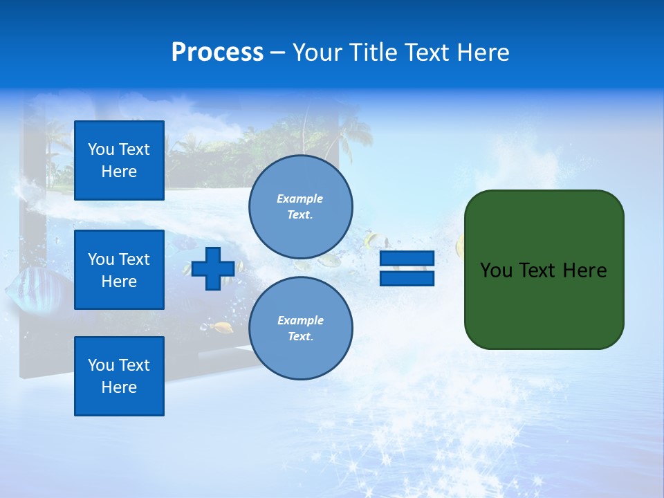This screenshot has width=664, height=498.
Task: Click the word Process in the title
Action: [217, 53]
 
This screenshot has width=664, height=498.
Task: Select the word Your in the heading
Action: [316, 53]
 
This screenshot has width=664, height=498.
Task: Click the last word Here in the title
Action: [481, 53]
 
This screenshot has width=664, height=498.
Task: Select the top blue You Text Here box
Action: [119, 160]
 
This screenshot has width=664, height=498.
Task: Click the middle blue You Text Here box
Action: [119, 270]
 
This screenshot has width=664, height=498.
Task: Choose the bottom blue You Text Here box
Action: [119, 376]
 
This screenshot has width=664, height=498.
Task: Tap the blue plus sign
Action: [212, 268]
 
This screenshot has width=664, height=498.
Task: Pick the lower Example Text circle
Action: [300, 328]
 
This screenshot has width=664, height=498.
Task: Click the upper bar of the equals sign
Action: [407, 259]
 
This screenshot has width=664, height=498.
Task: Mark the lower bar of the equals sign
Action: [407, 278]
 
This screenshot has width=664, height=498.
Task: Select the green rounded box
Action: [544, 270]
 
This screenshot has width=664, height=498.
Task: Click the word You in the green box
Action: [496, 270]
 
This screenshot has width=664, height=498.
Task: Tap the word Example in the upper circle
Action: [300, 199]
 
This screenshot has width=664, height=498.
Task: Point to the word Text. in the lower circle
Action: [300, 337]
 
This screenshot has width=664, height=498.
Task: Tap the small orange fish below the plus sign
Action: [223, 327]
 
